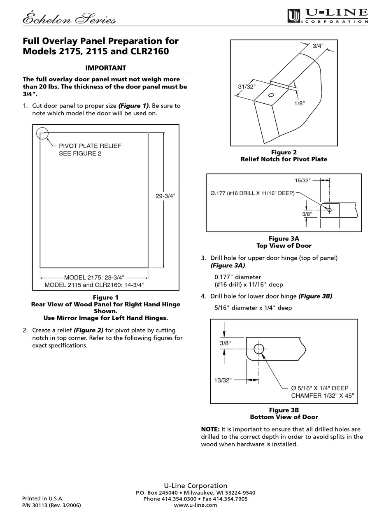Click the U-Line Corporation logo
point(327,16)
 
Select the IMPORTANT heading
point(105,68)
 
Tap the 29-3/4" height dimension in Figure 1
point(165,196)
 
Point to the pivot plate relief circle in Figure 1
point(42,133)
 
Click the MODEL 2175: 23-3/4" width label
point(94,277)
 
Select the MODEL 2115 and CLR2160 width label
point(94,285)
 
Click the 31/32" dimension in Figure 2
point(247,87)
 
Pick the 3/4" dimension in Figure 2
point(318,46)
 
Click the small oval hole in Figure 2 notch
point(270,95)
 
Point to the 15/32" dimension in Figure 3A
point(303,180)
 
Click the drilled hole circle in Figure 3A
point(329,210)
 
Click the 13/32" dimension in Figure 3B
point(223,380)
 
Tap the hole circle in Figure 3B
point(258,349)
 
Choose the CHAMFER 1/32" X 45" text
point(322,396)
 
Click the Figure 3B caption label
point(284,410)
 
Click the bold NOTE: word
point(210,429)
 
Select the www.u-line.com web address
point(195,505)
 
